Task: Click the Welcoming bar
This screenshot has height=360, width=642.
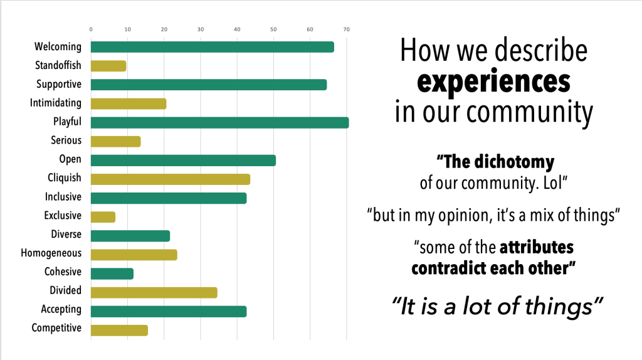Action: [212, 47]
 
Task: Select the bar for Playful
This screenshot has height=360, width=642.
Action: [219, 122]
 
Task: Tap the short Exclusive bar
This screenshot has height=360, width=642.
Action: [103, 217]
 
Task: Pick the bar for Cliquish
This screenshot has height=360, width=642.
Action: [170, 179]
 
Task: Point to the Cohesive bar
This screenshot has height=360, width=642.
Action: [112, 273]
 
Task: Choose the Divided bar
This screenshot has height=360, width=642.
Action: [154, 292]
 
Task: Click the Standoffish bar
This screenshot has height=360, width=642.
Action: [108, 66]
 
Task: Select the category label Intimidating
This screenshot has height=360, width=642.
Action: [56, 103]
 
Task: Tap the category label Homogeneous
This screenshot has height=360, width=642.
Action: [51, 253]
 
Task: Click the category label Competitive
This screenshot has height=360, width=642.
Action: [56, 328]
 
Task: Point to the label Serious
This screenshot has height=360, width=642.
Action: [66, 140]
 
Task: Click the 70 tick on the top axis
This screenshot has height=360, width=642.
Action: [346, 29]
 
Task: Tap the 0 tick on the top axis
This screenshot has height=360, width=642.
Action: [91, 29]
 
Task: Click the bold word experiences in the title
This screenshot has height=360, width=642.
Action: [493, 82]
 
